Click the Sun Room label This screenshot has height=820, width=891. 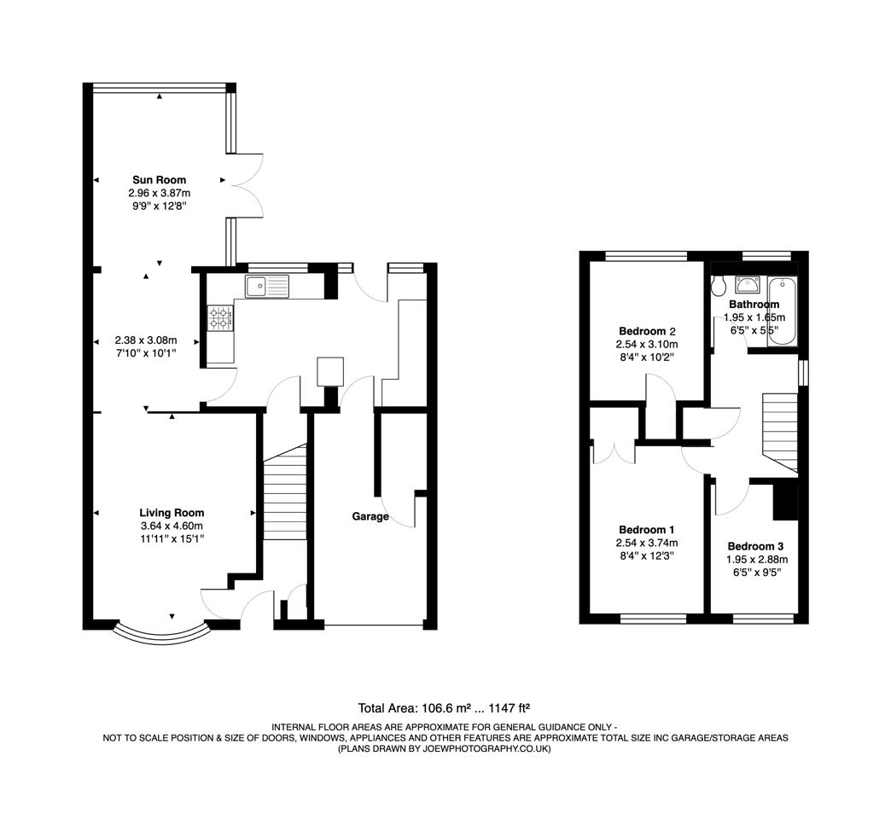pos(159,180)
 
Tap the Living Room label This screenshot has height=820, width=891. pos(172,513)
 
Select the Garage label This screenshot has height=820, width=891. pos(370,516)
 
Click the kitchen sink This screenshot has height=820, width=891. pos(266,286)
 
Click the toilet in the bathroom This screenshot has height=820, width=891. pos(718,285)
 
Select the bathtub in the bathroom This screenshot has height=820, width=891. pos(782,311)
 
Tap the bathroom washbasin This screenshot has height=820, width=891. pos(748,285)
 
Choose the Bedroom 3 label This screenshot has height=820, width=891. pos(755,546)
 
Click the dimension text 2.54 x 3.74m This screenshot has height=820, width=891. pos(646,543)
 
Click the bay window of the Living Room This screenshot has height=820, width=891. pos(162,631)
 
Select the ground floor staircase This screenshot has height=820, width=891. pos(285,495)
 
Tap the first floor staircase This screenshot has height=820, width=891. pos(779,431)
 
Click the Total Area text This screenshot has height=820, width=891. pos(445,707)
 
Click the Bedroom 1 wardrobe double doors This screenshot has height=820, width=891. pos(613,452)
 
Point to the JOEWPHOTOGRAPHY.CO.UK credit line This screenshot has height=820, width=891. pos(445,748)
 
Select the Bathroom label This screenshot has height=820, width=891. pos(754,305)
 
